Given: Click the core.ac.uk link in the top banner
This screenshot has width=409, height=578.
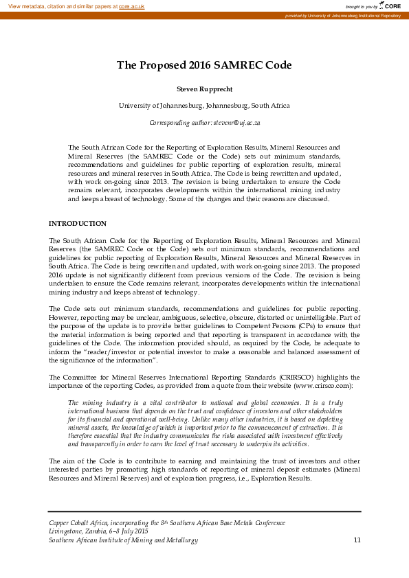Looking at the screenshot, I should click(x=131, y=5).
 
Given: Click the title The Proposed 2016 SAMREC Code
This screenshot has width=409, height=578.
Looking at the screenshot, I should click(x=204, y=65).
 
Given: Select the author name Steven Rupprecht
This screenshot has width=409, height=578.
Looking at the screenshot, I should click(x=204, y=89).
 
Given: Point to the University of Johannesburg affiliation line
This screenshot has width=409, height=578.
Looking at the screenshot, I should click(x=204, y=106).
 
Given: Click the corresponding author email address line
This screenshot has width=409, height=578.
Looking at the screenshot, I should click(x=204, y=123).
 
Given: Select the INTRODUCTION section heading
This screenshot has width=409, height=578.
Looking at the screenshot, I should click(x=77, y=224).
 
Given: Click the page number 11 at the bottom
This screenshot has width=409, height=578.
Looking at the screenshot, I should click(x=357, y=540).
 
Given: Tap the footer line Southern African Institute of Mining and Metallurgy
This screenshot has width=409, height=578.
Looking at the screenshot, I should click(x=123, y=540).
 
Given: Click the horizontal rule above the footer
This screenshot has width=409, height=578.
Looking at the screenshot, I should click(x=204, y=511).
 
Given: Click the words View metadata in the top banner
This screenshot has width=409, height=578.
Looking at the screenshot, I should click(x=25, y=5).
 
